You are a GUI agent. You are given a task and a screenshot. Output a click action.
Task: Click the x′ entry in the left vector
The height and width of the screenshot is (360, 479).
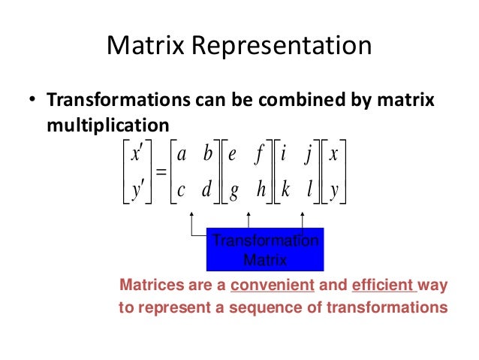tap(137, 155)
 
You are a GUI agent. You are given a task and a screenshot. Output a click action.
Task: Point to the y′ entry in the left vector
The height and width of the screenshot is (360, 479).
tap(137, 191)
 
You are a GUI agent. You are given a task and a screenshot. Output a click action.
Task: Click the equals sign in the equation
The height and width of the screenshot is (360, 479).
tap(161, 173)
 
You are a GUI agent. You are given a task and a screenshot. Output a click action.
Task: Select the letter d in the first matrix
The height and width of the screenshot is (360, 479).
tap(206, 190)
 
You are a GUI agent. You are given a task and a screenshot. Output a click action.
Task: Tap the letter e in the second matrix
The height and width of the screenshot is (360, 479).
tap(233, 156)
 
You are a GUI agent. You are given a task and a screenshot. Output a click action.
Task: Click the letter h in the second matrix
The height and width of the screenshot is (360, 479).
tap(261, 190)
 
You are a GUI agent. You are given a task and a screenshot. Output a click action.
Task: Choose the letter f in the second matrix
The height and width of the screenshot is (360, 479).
tap(260, 156)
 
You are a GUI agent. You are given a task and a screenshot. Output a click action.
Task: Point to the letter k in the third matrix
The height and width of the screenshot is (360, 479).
tap(285, 190)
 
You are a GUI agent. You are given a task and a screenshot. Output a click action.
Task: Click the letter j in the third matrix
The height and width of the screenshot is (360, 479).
tap(309, 156)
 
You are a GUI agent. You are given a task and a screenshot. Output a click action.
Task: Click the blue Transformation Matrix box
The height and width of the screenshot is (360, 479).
tap(264, 250)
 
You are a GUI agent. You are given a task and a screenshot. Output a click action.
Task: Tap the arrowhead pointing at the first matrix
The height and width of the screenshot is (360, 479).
tap(192, 214)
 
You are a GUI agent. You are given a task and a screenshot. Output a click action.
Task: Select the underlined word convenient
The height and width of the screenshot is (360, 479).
tap(273, 286)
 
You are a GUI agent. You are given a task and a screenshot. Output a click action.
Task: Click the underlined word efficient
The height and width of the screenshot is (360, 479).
tap(383, 286)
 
